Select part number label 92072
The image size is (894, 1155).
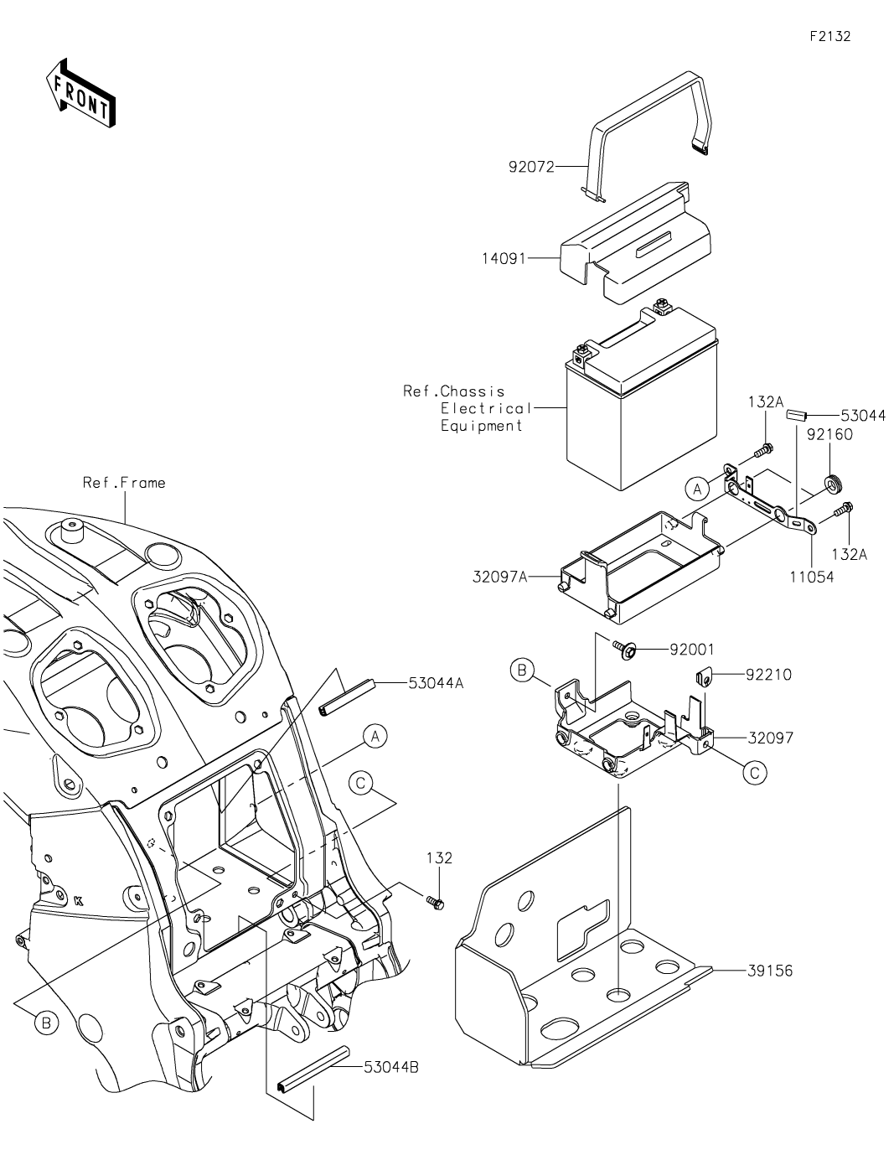[x=531, y=167]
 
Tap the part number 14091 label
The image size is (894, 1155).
[x=504, y=258]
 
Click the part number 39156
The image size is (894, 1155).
[x=769, y=971]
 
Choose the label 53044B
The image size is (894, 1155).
[x=390, y=1067]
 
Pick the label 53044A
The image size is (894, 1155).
[x=436, y=683]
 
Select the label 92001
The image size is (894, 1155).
[x=691, y=649]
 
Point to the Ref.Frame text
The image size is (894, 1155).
[x=124, y=482]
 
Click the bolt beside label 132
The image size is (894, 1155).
[x=435, y=903]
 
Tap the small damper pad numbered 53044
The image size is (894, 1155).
[x=795, y=414]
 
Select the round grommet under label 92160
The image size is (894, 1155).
[x=834, y=483]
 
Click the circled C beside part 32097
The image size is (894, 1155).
[x=754, y=772]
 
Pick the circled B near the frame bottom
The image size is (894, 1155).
[x=46, y=1023]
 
